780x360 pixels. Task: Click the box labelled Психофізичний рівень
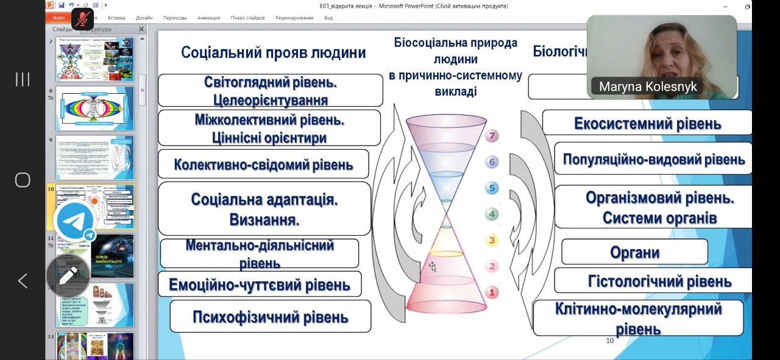coord(270,317)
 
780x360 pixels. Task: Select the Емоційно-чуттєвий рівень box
coord(260,284)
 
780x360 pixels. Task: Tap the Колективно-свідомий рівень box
coord(263,164)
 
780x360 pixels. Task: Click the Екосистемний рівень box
coord(647,123)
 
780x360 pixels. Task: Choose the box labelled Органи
coord(634,252)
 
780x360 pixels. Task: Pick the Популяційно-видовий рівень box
coord(653,159)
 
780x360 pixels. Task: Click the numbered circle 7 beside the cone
coord(492,136)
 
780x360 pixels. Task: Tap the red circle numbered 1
coord(492,292)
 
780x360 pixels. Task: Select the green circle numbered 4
coord(492,214)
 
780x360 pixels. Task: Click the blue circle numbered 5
coord(492,188)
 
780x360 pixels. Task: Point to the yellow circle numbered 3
coord(492,241)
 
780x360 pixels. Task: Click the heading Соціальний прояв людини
coord(273,52)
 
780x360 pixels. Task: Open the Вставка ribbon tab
coord(116,18)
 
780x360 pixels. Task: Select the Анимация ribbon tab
coord(209,18)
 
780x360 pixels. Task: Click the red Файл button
coord(59,18)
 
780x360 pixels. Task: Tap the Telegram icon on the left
coord(74,221)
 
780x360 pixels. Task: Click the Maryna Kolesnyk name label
coord(647,86)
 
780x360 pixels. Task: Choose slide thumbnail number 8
coord(94,108)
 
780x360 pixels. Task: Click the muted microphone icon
coord(82,18)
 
